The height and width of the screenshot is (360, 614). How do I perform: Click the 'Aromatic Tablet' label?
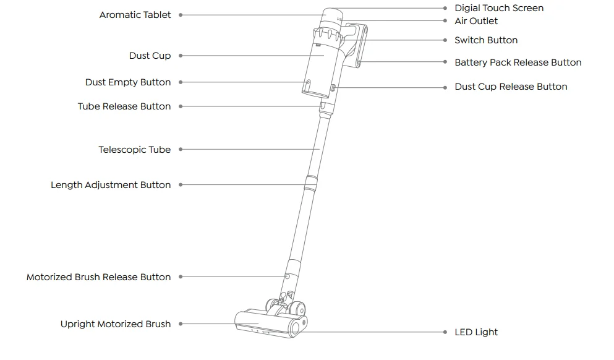click(135, 15)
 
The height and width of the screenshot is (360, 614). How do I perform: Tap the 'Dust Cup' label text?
click(150, 56)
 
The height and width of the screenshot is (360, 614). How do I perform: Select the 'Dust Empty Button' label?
click(128, 82)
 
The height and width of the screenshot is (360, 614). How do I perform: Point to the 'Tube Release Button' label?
click(124, 106)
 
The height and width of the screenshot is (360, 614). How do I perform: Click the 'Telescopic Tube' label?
click(135, 150)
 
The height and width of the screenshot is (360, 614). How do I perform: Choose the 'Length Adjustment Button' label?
click(111, 185)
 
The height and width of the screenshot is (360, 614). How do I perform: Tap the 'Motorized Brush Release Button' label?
click(99, 277)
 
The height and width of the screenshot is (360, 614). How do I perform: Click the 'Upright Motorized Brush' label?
click(116, 324)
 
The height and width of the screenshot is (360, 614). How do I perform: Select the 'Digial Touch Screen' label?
click(499, 8)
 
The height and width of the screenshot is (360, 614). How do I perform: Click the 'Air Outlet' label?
click(476, 21)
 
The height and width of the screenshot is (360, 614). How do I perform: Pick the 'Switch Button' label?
click(486, 40)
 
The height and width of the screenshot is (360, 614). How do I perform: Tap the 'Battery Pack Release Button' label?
click(518, 62)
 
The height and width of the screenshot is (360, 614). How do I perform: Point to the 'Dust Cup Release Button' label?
click(511, 87)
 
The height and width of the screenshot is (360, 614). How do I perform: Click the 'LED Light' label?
click(476, 332)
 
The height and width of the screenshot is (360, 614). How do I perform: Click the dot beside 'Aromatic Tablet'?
click(181, 15)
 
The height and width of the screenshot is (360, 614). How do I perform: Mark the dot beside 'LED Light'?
click(446, 332)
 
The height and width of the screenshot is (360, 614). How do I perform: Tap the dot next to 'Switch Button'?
click(446, 40)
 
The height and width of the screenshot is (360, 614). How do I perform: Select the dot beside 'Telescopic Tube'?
click(181, 150)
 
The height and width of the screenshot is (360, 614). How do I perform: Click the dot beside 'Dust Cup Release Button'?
click(446, 87)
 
